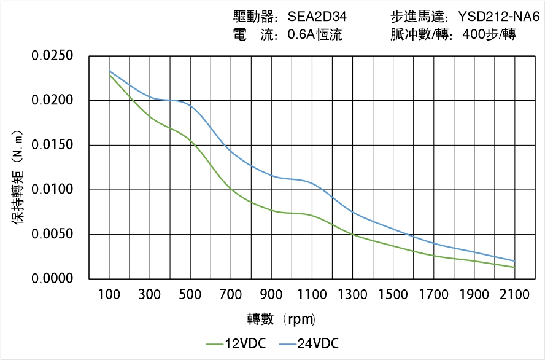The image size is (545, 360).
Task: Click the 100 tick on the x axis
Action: [x=109, y=295]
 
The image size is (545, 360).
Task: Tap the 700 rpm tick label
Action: [x=231, y=295]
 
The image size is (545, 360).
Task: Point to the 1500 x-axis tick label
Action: [x=393, y=295]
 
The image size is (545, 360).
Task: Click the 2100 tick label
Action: [x=514, y=295]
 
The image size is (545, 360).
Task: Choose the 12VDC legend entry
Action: [x=236, y=343]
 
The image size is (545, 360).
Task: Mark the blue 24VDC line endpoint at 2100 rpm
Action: [x=514, y=260]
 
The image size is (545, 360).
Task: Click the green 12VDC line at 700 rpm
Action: [x=231, y=190]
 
